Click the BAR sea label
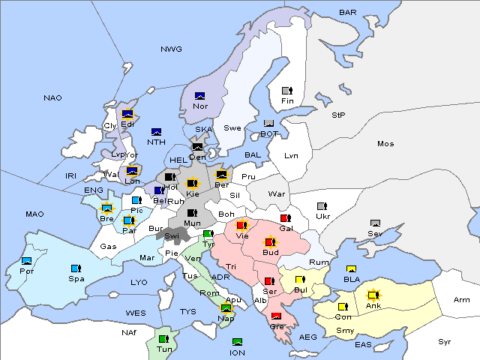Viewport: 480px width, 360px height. [x=348, y=13]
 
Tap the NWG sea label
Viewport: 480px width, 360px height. [x=171, y=49]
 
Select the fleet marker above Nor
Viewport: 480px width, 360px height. [x=199, y=95]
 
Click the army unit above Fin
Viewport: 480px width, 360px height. [x=286, y=91]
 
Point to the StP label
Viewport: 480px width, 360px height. [x=338, y=115]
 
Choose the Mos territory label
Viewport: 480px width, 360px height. [x=385, y=144]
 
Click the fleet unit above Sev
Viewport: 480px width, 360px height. [x=376, y=223]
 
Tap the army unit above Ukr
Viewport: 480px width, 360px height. [x=322, y=206]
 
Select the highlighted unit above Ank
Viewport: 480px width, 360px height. [x=373, y=295]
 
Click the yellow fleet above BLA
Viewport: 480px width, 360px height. [x=351, y=269]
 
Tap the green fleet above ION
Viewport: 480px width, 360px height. [x=237, y=342]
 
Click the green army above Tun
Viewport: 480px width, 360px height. [x=163, y=338]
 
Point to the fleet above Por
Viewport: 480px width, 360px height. [x=27, y=261]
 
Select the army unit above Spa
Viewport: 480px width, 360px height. [x=75, y=268]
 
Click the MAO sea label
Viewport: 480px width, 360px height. [x=34, y=214]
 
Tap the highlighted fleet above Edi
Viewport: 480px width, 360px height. [x=127, y=114]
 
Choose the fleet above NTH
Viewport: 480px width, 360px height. [x=156, y=132]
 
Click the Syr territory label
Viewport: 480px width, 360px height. [x=445, y=341]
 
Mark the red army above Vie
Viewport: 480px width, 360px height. [x=241, y=224]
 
